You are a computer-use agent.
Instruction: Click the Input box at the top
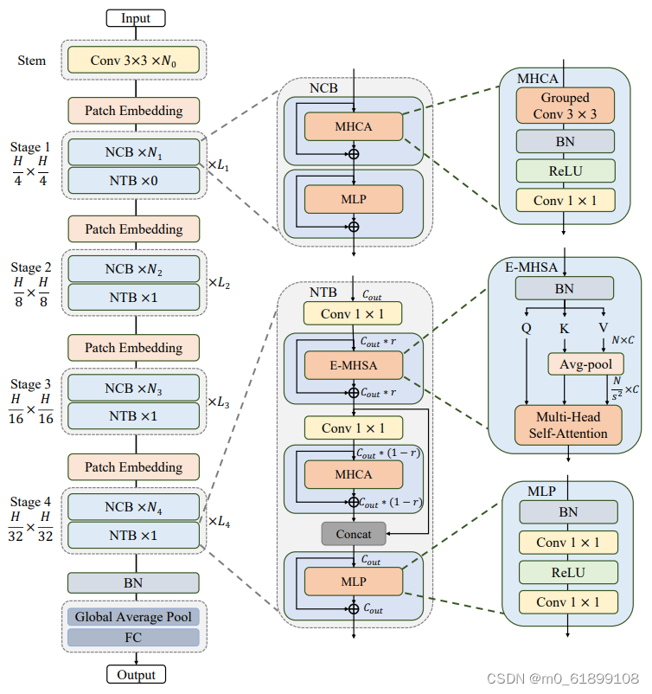(x=135, y=17)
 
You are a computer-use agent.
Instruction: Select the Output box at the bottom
(x=135, y=675)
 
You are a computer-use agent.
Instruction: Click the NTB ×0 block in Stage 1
(x=133, y=180)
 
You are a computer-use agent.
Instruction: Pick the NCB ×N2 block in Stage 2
(x=133, y=269)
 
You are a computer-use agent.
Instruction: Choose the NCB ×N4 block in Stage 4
(x=133, y=507)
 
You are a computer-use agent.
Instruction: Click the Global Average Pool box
(x=133, y=617)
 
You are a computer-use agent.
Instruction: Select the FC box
(x=133, y=638)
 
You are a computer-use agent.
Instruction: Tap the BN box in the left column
(x=133, y=582)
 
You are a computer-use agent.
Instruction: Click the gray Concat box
(x=353, y=534)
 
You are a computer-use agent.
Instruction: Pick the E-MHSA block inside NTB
(x=353, y=365)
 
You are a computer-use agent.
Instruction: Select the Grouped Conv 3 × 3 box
(x=565, y=106)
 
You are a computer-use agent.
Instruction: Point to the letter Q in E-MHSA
(x=526, y=328)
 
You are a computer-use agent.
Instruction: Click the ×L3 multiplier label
(x=218, y=402)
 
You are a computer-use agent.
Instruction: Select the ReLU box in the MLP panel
(x=568, y=572)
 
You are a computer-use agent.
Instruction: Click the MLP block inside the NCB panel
(x=353, y=199)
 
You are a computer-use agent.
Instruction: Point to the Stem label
(x=32, y=61)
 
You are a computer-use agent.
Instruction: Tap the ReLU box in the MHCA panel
(x=565, y=170)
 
